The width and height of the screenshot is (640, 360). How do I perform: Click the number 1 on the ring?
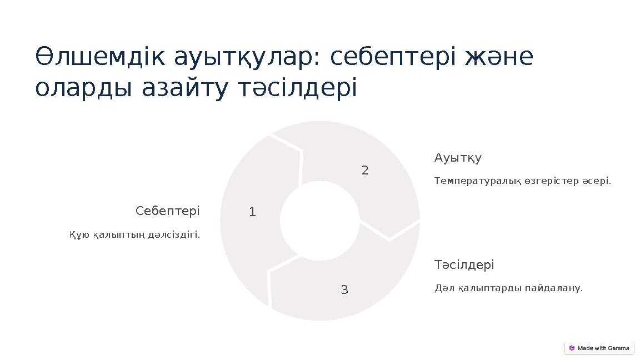click(x=252, y=212)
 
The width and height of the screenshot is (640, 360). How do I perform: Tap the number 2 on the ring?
click(x=365, y=171)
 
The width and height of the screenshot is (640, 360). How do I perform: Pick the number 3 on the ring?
click(x=344, y=289)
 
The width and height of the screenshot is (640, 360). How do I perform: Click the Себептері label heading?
click(x=168, y=211)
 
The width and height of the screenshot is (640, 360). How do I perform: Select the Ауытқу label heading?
click(x=458, y=158)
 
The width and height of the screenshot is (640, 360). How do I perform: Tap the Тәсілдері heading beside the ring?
click(x=464, y=265)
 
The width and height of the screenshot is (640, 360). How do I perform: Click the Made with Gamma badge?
click(x=599, y=348)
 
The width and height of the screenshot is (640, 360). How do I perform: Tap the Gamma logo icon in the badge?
click(x=572, y=348)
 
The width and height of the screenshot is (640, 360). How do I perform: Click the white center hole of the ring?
click(x=319, y=221)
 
